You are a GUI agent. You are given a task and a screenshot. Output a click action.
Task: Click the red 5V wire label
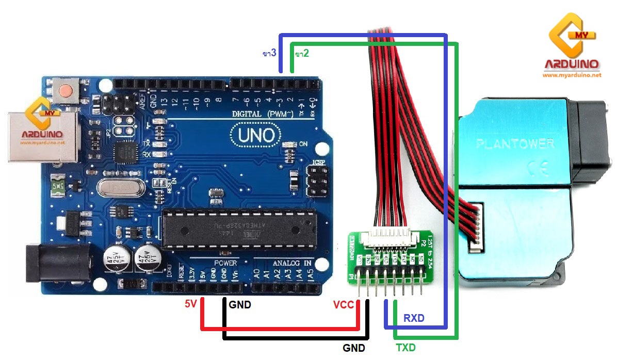tap(191, 304)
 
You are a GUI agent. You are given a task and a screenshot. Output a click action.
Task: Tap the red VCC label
tap(344, 305)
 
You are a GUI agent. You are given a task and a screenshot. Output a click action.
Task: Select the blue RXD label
tap(414, 318)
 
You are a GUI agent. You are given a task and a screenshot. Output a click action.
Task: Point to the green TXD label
tap(405, 348)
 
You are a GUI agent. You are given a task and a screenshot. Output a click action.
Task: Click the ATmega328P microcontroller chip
tap(237, 227)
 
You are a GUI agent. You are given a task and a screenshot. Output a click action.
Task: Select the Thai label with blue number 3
tap(269, 53)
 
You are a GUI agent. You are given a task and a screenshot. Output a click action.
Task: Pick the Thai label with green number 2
tap(302, 53)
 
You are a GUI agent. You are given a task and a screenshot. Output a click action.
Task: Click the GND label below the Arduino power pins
tap(240, 305)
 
